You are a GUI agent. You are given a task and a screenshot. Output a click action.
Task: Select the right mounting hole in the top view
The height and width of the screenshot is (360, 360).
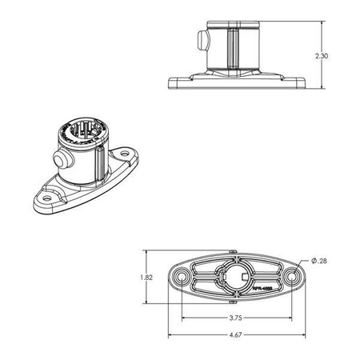pyautogui.click(x=290, y=277)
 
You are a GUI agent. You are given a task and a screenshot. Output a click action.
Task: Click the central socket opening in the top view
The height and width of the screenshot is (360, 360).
pyautogui.click(x=234, y=278)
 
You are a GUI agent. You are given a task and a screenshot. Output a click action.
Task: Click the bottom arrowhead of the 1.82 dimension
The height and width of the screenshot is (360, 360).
pyautogui.click(x=146, y=302)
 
